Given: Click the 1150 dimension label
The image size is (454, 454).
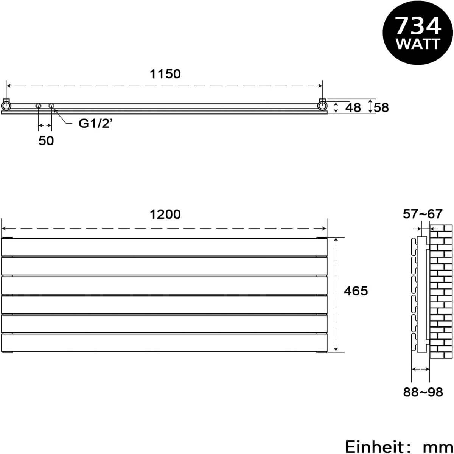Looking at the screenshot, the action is tap(165, 74).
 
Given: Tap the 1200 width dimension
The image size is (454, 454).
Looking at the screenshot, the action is tap(165, 215).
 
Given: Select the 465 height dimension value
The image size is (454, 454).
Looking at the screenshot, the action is tap(356, 291).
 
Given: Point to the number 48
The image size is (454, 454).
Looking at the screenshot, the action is tap(353, 108).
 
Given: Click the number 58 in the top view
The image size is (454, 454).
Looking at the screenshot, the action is tap(381, 108).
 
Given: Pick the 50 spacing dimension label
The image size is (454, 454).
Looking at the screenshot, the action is tap(46, 141).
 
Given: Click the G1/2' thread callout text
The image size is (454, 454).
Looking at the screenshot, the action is tap(95, 123).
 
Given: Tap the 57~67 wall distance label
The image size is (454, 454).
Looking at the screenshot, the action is tap(423, 214).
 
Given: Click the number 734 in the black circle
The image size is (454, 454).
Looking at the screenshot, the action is tap(418, 26).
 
